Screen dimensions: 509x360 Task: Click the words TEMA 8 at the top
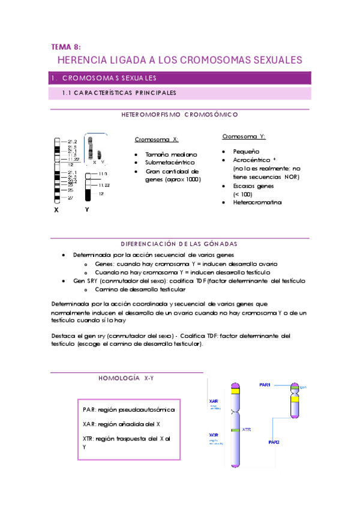(65, 46)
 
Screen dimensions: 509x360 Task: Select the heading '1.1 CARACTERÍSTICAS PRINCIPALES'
(119, 93)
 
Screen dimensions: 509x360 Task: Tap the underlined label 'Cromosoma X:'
(157, 139)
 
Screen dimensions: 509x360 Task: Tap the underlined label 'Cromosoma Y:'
(244, 136)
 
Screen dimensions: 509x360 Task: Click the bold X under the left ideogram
(56, 211)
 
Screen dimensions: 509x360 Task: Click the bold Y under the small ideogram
(87, 210)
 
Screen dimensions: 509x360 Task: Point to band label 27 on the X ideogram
(70, 197)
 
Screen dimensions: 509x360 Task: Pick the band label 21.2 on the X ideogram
(72, 141)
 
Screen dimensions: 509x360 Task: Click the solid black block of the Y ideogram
(88, 194)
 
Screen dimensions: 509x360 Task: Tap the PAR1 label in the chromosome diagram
(265, 384)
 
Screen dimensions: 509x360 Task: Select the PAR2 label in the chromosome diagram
(274, 442)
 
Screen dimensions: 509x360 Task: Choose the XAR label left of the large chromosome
(214, 400)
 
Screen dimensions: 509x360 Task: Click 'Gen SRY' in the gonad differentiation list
(85, 281)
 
